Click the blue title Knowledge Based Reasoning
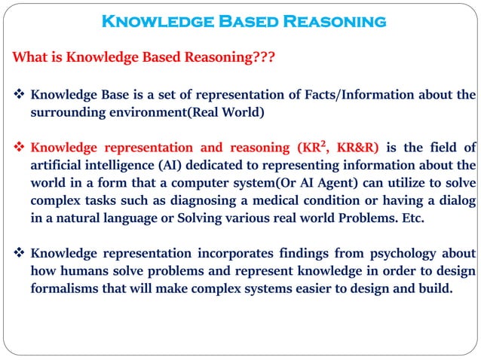click(x=243, y=21)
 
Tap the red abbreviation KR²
click(x=312, y=147)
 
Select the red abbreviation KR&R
click(x=357, y=148)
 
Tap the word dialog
click(x=456, y=200)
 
